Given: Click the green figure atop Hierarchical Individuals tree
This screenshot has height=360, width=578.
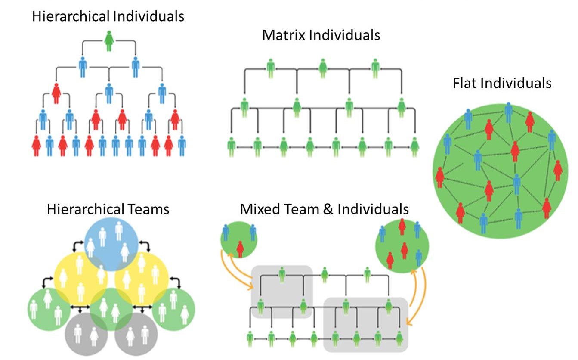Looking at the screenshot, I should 109,41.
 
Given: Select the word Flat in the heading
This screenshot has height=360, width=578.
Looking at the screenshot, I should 464,83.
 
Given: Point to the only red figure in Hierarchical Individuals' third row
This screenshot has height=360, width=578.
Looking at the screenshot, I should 56,93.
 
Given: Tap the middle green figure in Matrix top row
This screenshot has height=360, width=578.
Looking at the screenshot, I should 323,68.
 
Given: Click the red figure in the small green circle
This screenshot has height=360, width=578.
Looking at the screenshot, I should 240,249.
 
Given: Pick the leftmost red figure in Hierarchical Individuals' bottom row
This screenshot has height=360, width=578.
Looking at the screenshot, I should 37,146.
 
